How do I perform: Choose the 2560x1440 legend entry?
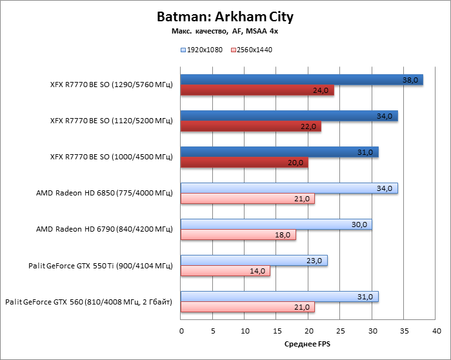pos(254,50)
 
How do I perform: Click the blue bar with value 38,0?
pos(301,80)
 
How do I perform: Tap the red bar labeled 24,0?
pos(257,90)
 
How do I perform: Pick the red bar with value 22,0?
pos(250,126)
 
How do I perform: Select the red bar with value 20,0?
pos(244,163)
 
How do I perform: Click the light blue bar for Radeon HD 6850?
pos(289,188)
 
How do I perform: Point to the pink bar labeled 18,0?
pos(237,235)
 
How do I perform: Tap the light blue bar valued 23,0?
pos(254,261)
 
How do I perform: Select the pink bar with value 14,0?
pos(225,271)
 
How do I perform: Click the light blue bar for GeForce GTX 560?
pos(279,297)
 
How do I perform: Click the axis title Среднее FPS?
pos(308,345)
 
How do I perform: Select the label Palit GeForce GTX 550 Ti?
pos(101,266)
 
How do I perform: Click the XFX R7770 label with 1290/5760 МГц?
pos(111,85)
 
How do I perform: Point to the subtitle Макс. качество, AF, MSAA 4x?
pos(225,30)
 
